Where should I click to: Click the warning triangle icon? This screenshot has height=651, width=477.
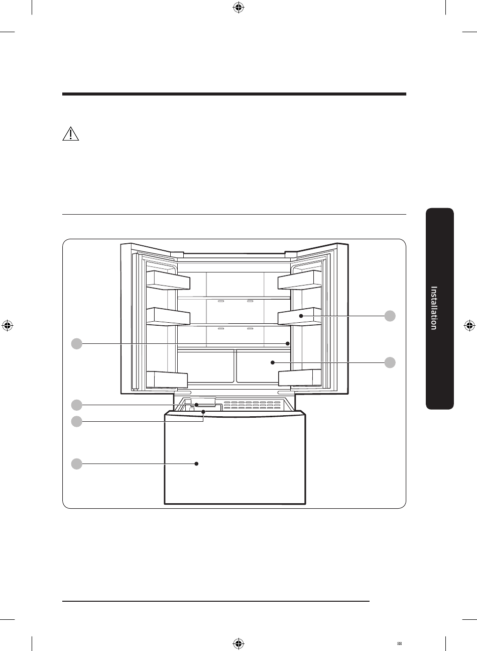pyautogui.click(x=71, y=134)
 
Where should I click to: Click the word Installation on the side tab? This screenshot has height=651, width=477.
pyautogui.click(x=434, y=308)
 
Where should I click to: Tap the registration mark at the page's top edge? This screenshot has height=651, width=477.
pyautogui.click(x=238, y=8)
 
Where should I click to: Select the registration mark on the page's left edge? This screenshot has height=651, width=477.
pyautogui.click(x=8, y=326)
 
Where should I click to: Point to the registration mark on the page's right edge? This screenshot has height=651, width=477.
pyautogui.click(x=469, y=326)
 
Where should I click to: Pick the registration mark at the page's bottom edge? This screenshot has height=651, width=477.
pyautogui.click(x=238, y=643)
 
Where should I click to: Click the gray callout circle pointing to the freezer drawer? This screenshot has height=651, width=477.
pyautogui.click(x=77, y=463)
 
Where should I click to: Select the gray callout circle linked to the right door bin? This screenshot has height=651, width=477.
pyautogui.click(x=390, y=316)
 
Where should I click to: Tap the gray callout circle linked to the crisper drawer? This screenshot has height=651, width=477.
pyautogui.click(x=390, y=362)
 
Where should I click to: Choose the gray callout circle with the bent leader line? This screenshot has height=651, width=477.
pyautogui.click(x=77, y=421)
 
